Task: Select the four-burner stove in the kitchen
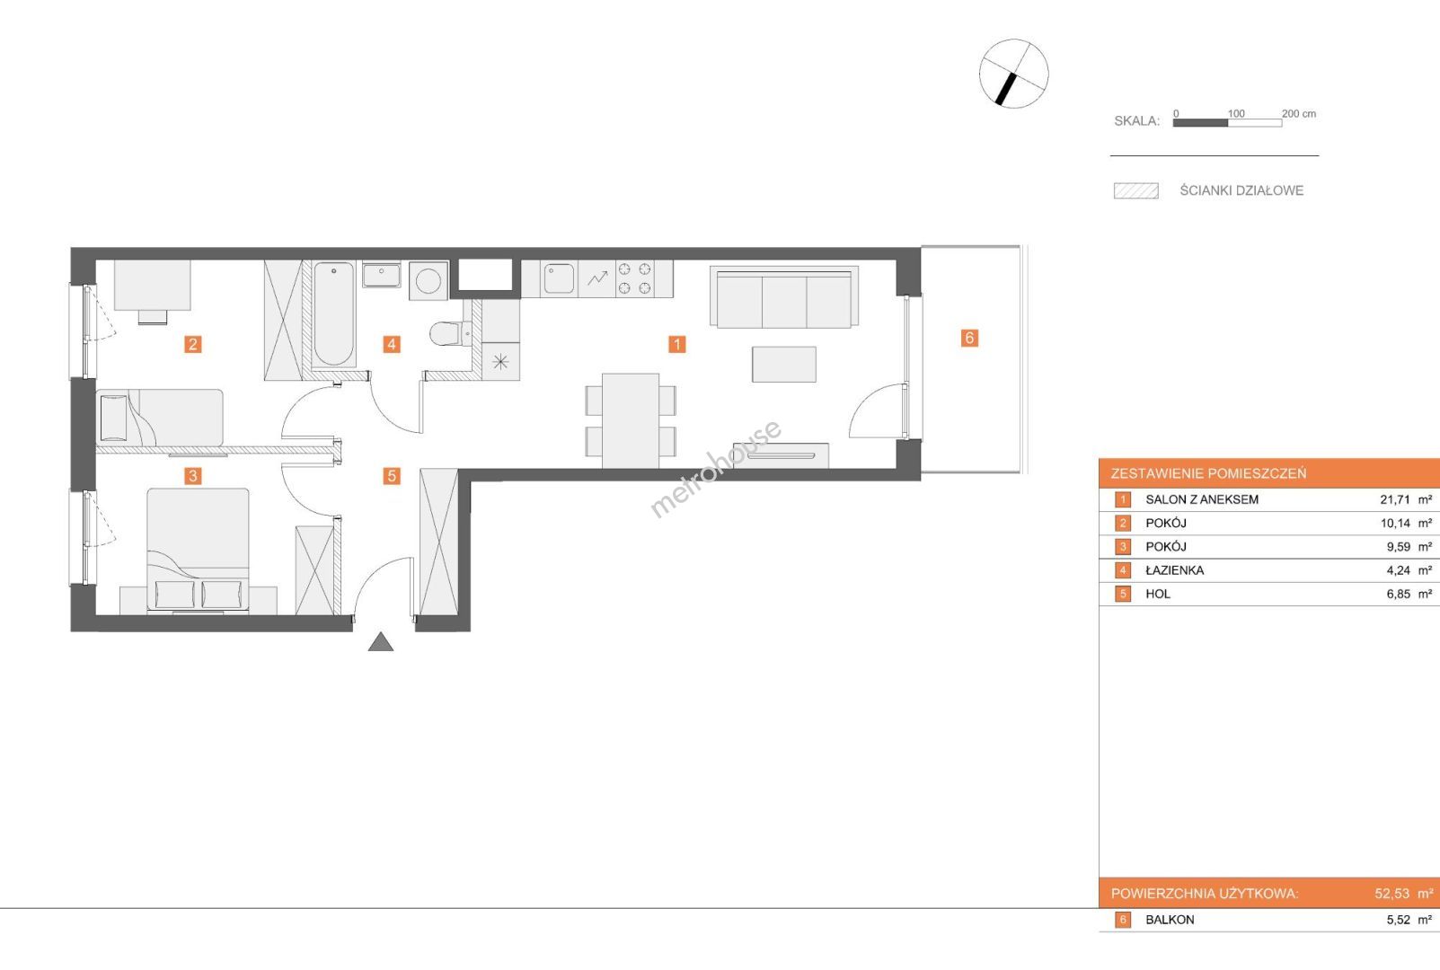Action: click(634, 278)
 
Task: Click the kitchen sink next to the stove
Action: click(559, 279)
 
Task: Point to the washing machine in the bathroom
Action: click(428, 280)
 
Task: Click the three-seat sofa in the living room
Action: click(783, 297)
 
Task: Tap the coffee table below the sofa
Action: click(784, 365)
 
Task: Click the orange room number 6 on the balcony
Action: click(969, 338)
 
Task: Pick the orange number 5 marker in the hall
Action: click(392, 476)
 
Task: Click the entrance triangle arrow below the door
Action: click(381, 641)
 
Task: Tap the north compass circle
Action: click(1014, 74)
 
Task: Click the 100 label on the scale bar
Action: click(1236, 113)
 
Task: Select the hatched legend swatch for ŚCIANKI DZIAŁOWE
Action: click(1136, 191)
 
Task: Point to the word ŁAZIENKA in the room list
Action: click(1174, 570)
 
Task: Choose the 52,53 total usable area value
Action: click(1392, 894)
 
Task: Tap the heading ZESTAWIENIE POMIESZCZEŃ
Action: click(1208, 473)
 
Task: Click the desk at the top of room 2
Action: click(153, 285)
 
